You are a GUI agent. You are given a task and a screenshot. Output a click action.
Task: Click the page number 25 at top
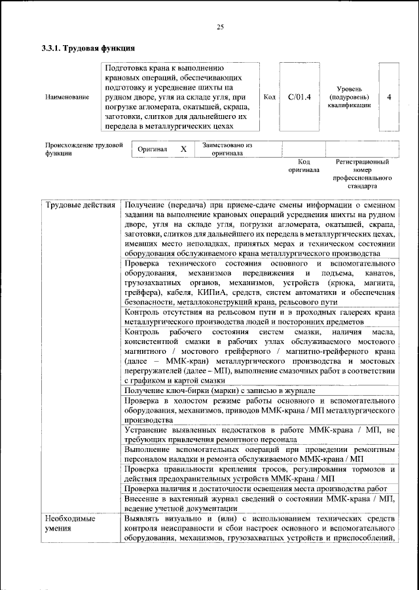tap(220, 27)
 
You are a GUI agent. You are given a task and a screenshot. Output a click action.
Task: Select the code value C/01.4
tap(299, 97)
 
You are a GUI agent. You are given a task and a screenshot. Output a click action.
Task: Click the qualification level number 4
tap(390, 97)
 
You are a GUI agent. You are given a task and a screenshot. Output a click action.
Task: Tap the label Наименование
tap(67, 97)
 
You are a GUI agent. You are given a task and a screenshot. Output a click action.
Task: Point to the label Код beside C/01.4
tap(268, 97)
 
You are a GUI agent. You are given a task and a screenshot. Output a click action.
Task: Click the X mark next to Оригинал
tap(184, 149)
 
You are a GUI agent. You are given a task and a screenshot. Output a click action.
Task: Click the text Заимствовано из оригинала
tap(227, 149)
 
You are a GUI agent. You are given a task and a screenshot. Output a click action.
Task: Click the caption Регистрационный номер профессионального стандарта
tap(362, 173)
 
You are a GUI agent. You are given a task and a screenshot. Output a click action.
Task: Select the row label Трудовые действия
tap(80, 205)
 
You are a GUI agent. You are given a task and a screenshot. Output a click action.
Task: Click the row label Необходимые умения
tap(71, 523)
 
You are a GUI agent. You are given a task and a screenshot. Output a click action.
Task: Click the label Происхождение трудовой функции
tap(84, 149)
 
